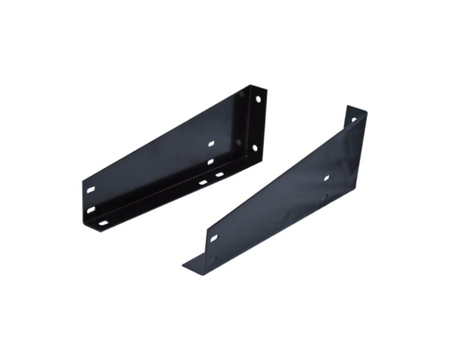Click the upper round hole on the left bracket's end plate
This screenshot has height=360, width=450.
click(x=258, y=100)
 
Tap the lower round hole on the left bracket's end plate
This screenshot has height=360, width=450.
click(x=255, y=148)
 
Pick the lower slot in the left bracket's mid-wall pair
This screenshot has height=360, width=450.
click(x=210, y=161)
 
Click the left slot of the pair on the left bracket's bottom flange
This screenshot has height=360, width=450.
click(x=203, y=182)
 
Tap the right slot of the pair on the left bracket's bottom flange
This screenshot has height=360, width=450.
click(x=219, y=174)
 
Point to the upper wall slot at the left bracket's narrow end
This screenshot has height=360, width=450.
click(x=91, y=190)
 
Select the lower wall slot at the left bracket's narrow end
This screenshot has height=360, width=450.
click(x=91, y=210)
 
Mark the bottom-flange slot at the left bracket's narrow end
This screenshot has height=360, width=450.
click(x=103, y=223)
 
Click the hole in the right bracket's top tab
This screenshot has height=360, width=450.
click(x=354, y=120)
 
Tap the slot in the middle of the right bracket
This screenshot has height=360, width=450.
click(x=327, y=177)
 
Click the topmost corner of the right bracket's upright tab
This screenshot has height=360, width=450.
click(x=348, y=106)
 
